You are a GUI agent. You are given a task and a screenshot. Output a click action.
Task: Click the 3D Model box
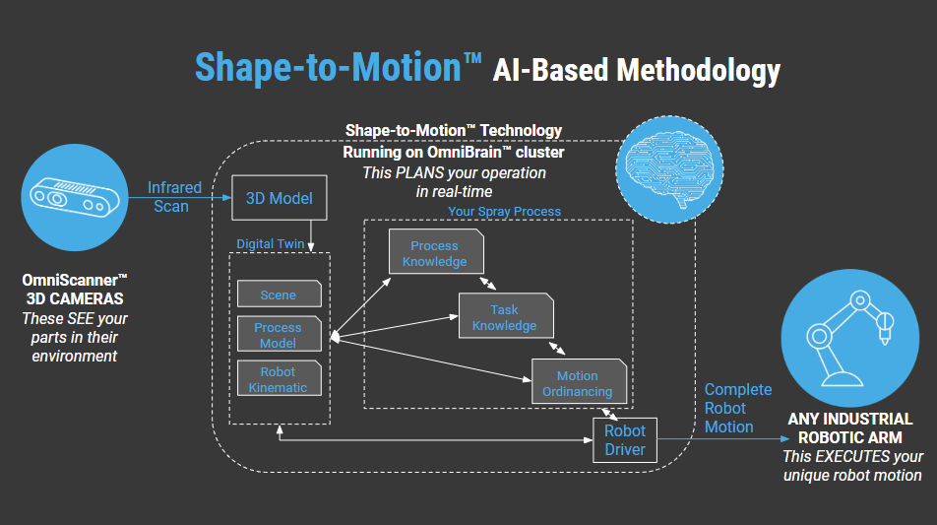coord(279,198)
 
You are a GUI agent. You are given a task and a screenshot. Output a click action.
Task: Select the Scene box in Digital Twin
coord(279,295)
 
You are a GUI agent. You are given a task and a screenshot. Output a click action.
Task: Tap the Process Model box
coord(279,335)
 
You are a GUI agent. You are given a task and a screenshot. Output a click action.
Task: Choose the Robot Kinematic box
coord(279,379)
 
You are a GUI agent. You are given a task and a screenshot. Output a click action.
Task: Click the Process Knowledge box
coord(434,253)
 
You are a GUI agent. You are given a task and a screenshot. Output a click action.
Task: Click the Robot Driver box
coord(625,440)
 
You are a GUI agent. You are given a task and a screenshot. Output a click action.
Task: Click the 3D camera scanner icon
coord(75,197)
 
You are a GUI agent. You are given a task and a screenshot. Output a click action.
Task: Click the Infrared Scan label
coord(174,196)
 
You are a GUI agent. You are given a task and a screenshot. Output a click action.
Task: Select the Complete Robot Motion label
coord(737,408)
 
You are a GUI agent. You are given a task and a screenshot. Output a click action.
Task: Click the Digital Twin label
coord(269,243)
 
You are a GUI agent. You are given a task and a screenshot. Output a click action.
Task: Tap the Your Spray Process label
coord(504,211)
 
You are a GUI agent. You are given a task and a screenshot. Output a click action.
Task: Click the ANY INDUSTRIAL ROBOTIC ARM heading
coord(850,428)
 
